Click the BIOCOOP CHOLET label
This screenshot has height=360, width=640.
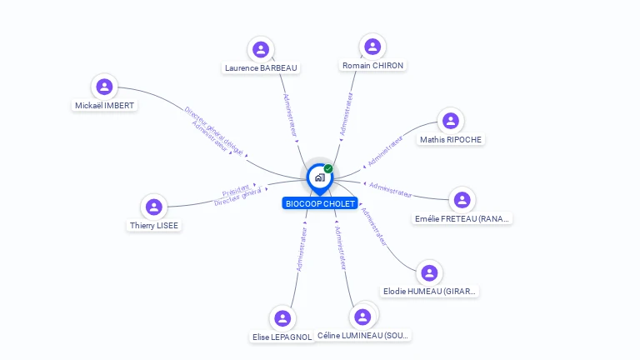point(320,203)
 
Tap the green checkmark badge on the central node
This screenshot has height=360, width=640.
point(328,169)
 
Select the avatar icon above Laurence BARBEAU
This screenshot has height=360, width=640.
point(261,50)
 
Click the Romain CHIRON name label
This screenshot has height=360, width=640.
point(373,65)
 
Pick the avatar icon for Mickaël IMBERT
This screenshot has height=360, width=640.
point(104,87)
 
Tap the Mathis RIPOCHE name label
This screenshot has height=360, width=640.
point(451,139)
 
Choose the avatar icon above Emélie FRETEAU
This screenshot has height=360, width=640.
point(462,200)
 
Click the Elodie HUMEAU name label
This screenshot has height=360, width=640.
point(430,292)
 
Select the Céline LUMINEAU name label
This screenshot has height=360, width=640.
point(364,335)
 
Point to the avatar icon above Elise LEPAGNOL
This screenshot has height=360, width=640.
point(282,318)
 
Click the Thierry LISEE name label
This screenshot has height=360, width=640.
point(153,225)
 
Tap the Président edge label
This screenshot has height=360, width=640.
point(236,189)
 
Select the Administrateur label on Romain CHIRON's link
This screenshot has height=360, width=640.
point(346,114)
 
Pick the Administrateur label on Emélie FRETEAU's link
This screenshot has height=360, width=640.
point(390,189)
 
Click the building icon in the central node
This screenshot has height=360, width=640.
point(319,177)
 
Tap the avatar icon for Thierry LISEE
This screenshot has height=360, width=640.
point(153,207)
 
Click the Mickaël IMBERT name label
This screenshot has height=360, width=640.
point(104,105)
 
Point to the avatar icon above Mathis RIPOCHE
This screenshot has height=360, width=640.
point(451,121)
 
